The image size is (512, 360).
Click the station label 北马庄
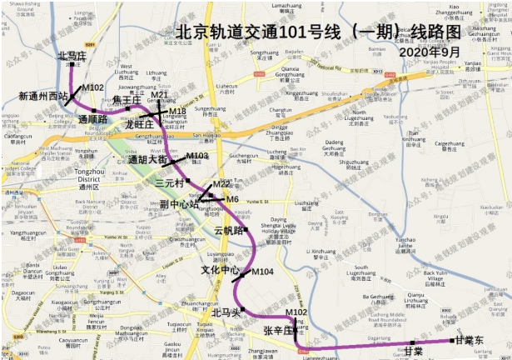point(72,56)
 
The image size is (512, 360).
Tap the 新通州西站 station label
point(42,96)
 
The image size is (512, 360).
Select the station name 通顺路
point(93,119)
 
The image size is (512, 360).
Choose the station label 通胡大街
point(149,159)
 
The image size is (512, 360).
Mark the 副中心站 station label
point(179,202)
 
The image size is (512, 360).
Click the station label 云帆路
point(228,230)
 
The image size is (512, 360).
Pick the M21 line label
point(160,96)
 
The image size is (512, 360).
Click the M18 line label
point(177,111)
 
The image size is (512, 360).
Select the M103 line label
point(197,156)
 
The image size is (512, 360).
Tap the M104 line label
point(262,272)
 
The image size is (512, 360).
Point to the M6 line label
point(233,200)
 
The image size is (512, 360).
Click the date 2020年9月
point(430,52)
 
